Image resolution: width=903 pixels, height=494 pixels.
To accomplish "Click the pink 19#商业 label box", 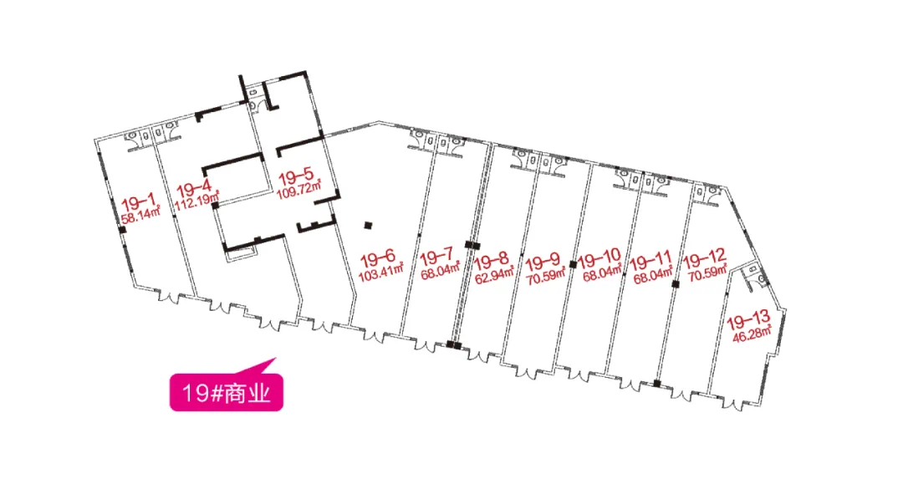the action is (x=227, y=392).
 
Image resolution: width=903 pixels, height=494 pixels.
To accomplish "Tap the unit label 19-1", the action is (x=139, y=202).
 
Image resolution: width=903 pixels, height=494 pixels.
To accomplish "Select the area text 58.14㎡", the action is (x=140, y=216).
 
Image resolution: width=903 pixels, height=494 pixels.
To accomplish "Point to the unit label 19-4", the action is (x=194, y=188).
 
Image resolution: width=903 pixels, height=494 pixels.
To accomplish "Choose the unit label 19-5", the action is (x=296, y=175).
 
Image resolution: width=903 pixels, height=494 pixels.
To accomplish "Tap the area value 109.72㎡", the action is (x=298, y=190).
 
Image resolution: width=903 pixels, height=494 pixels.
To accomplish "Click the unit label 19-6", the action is (x=378, y=257).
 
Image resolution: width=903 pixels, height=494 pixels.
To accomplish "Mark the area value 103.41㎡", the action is (x=380, y=271).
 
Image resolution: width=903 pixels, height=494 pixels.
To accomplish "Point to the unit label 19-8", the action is (x=492, y=262).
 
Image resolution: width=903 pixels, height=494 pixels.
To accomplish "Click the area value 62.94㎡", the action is (x=494, y=275).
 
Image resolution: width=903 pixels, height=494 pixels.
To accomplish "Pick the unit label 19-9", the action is (x=543, y=262).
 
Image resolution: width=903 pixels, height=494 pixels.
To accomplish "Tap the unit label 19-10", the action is (x=599, y=258).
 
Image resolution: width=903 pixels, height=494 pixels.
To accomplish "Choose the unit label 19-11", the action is (x=650, y=262).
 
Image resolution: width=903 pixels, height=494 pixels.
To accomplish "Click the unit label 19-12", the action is (x=704, y=261).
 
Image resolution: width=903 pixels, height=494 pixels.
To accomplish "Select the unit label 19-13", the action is (x=748, y=319).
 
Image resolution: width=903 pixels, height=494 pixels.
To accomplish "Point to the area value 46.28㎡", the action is (x=752, y=334).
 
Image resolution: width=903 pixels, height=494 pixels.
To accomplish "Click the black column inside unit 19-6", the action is (x=368, y=226).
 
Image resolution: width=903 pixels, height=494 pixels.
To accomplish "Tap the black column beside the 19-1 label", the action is (x=122, y=231).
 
